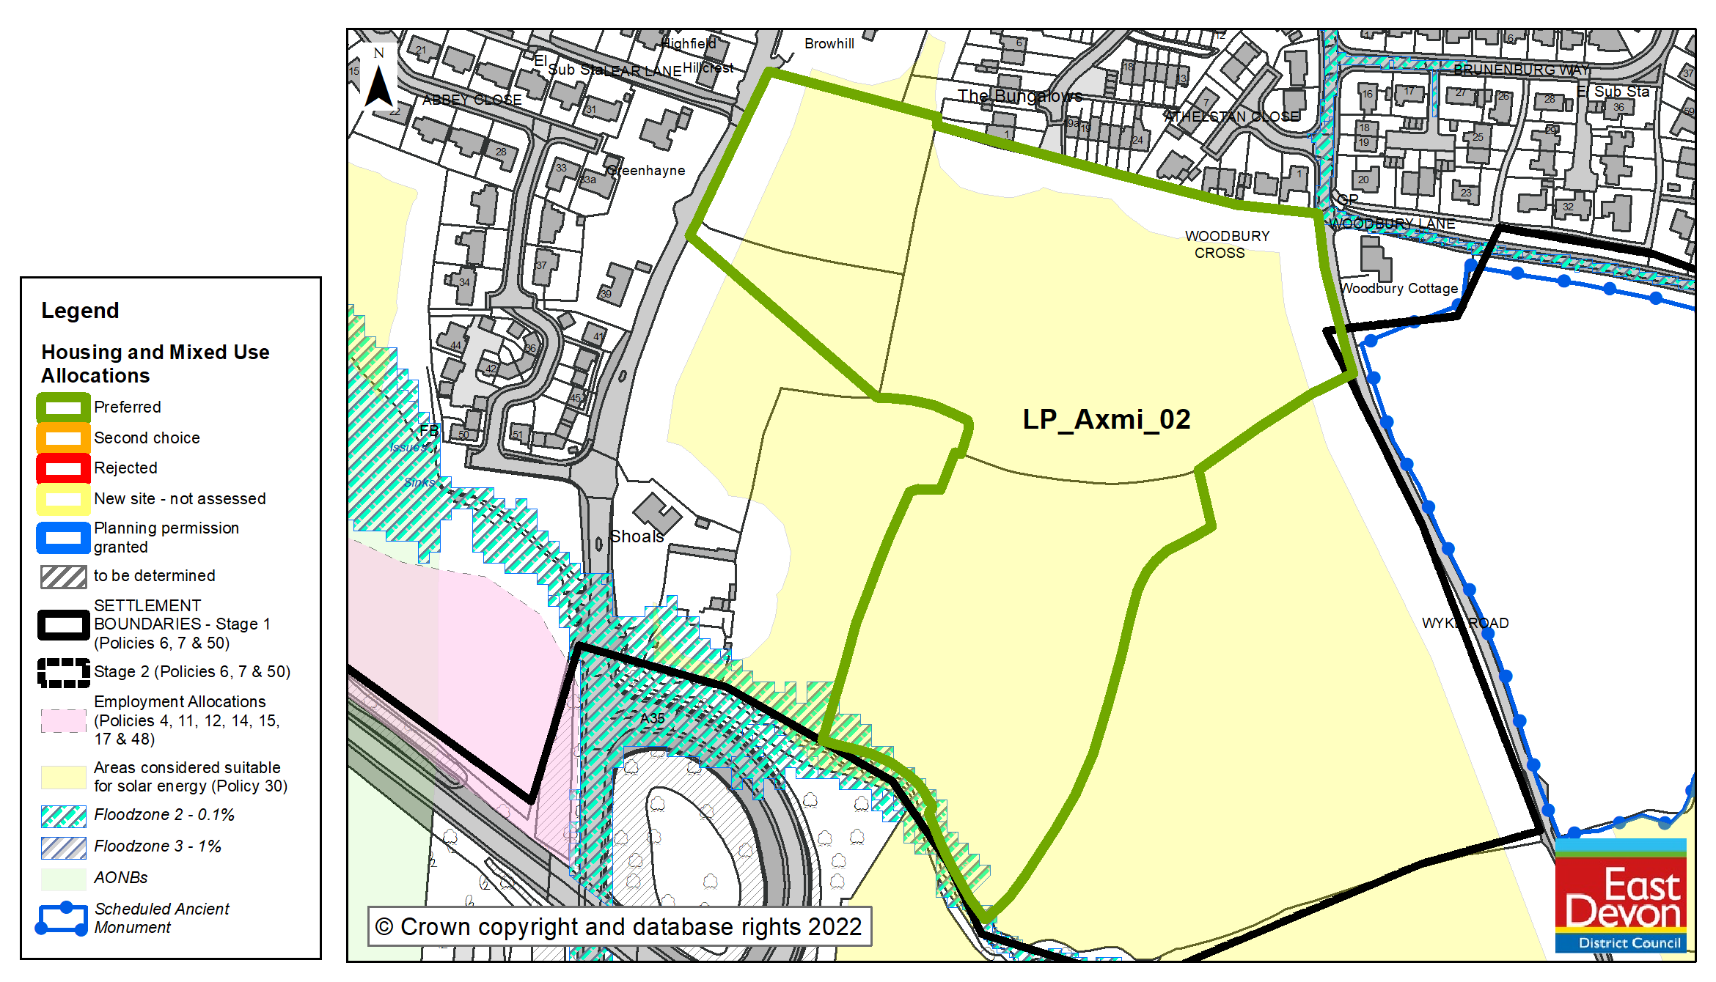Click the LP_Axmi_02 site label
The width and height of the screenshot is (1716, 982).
pos(1106,419)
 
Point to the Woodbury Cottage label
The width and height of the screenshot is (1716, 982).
pos(1399,288)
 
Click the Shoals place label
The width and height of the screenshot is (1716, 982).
pos(636,536)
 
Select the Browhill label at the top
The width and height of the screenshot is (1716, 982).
pos(829,43)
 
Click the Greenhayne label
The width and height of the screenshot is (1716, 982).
pos(646,170)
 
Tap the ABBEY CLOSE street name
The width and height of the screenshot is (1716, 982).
pos(472,100)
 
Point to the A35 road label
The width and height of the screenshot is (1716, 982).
pos(652,717)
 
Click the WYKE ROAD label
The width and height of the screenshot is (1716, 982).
pos(1464,623)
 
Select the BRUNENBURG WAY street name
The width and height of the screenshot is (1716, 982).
pos(1521,70)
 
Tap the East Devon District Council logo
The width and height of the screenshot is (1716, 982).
pos(1621,896)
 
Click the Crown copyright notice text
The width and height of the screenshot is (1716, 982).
pos(619,926)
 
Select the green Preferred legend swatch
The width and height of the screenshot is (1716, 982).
pos(63,407)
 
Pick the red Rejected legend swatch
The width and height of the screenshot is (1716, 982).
pos(63,468)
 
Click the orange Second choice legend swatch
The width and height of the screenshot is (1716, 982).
pos(63,438)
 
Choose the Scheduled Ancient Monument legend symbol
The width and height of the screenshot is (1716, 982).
pos(63,918)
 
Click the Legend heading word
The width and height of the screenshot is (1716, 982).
pos(79,310)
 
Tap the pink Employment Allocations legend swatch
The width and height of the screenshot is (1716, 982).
pos(63,720)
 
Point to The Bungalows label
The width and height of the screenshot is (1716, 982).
pos(1019,96)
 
